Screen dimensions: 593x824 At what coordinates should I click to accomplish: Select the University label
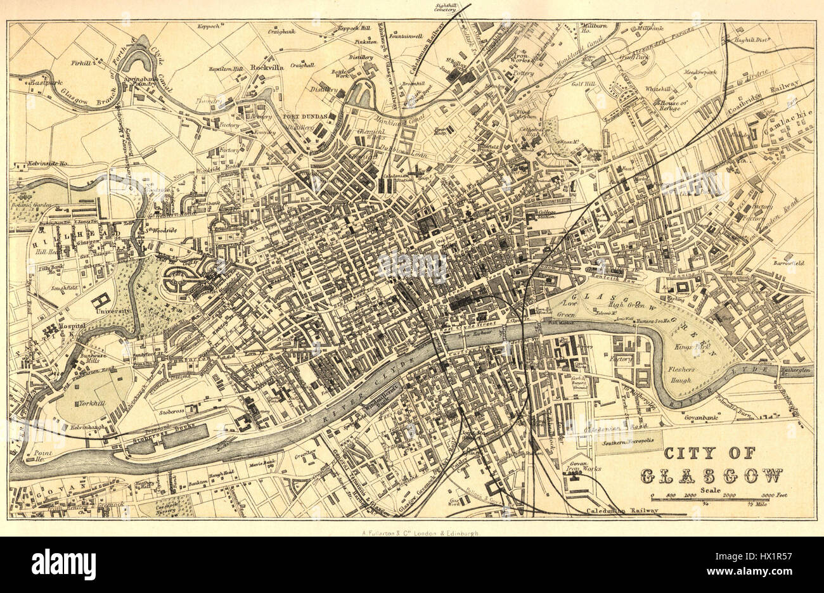click(113, 311)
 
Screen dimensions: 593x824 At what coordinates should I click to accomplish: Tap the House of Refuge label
click(679, 105)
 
